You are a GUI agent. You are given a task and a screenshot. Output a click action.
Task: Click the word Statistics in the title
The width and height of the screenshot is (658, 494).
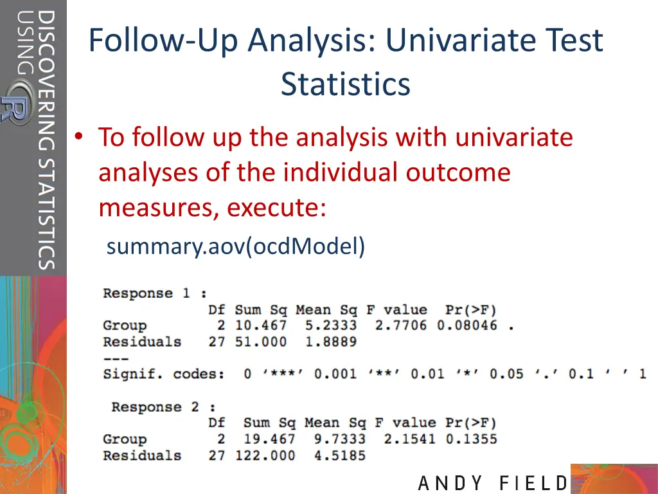pos(345,84)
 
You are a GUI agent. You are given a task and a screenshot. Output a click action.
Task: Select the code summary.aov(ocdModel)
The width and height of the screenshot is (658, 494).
pos(236,246)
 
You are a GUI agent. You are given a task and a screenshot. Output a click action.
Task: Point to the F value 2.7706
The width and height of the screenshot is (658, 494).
pos(401,325)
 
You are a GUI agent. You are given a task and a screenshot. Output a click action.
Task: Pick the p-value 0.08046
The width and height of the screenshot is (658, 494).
pos(467,325)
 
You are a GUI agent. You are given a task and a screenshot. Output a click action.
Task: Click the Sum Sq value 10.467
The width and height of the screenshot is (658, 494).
pos(261,325)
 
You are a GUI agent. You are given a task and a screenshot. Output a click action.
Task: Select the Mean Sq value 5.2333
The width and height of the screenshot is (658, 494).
pos(331,325)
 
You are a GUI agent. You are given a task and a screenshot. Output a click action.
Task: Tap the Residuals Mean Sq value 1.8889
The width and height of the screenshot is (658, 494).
pos(331,342)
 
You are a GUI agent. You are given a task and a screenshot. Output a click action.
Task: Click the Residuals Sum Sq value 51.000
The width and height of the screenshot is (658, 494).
pos(261,342)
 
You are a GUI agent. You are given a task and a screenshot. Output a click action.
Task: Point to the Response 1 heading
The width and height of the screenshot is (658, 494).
pos(155,293)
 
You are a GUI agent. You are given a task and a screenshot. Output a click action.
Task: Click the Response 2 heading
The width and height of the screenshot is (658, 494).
pos(163,407)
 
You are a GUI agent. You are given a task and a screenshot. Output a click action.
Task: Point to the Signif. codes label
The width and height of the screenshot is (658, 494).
pos(163,374)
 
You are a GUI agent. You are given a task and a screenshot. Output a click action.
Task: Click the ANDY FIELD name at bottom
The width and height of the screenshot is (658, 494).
pos(493,483)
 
